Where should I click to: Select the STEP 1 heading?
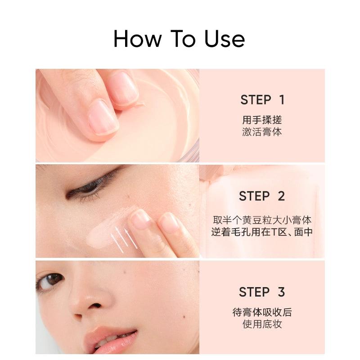262,100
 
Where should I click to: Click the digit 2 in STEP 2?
281,196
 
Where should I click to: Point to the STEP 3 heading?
262,292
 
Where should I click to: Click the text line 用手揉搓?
262,120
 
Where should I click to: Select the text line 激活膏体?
262,132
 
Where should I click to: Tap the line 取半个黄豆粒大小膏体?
262,220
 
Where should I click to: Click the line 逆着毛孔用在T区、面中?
262,233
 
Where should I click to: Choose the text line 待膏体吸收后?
262,312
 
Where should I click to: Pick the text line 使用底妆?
262,324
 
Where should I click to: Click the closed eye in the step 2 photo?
92,188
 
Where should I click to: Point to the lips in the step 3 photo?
110,340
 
